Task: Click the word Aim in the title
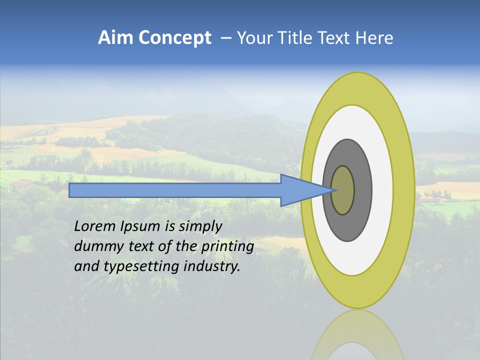115,38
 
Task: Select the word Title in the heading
295,38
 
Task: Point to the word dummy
95,246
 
